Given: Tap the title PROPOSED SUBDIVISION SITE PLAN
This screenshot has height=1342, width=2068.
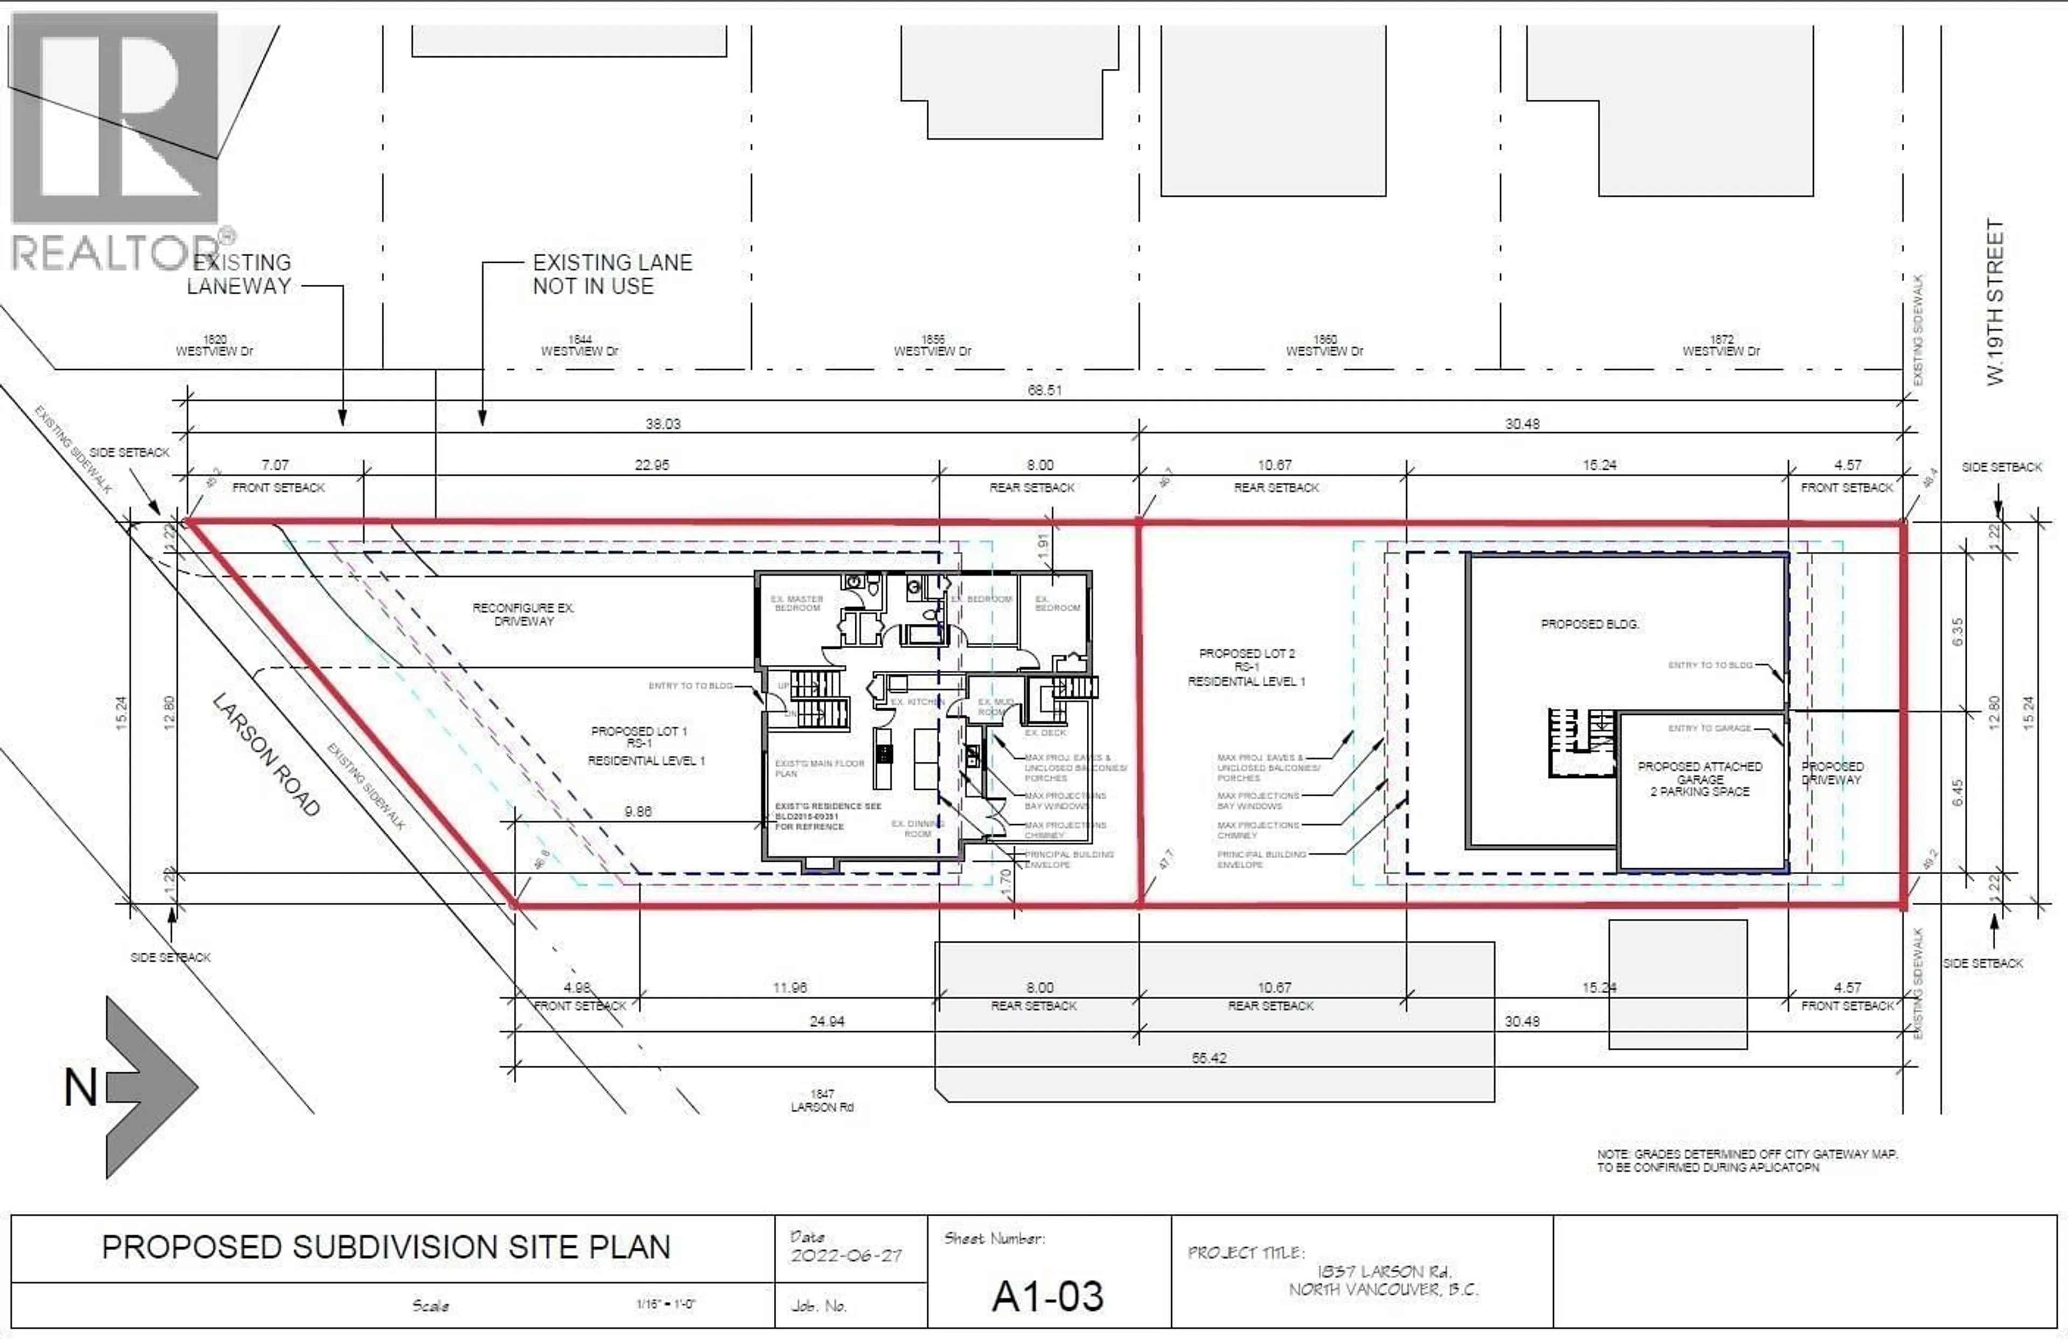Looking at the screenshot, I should (x=386, y=1247).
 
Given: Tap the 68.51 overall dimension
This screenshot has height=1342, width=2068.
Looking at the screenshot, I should (x=1044, y=390).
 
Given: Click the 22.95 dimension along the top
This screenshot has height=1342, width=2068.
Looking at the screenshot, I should (x=652, y=465).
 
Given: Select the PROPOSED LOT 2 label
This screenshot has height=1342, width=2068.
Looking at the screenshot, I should (x=1246, y=667).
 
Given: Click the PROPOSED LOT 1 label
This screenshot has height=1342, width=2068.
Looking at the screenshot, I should (x=646, y=745).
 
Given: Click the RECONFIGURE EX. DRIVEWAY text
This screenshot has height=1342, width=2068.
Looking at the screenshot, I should (x=523, y=614).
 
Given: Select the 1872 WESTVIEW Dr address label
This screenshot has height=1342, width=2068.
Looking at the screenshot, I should (x=1721, y=346).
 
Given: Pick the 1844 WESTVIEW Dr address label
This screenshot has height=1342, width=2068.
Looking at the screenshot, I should (x=579, y=346).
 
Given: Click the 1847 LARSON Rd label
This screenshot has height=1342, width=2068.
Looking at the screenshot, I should (x=822, y=1100).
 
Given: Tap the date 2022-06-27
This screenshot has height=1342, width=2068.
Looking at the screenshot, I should (x=846, y=1255).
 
